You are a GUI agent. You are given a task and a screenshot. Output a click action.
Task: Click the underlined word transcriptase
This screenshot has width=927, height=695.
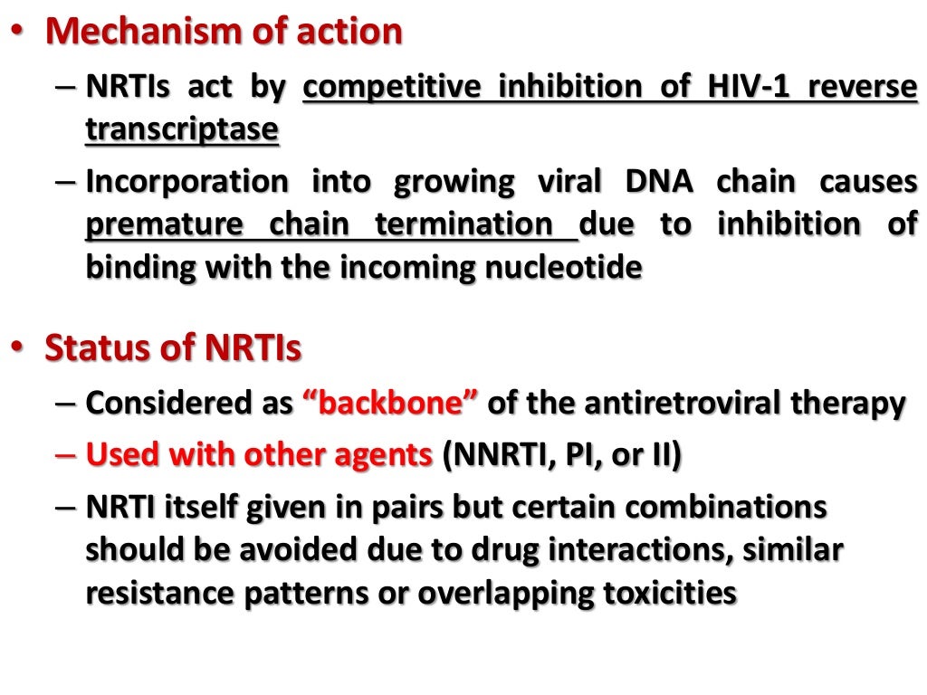182,129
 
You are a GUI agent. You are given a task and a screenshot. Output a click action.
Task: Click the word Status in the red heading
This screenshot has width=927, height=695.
100,347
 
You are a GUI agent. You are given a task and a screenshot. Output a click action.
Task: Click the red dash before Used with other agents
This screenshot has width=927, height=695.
65,455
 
